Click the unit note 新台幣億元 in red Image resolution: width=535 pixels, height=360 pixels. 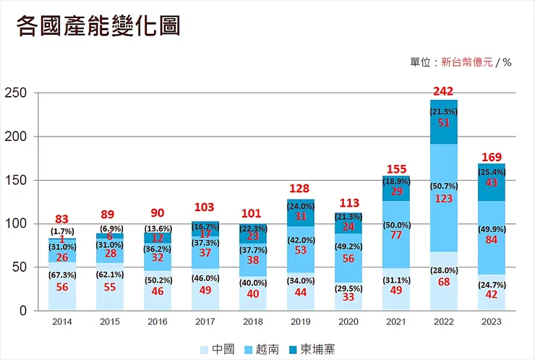[x=467, y=62]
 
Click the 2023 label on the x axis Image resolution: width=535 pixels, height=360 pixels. [x=490, y=322]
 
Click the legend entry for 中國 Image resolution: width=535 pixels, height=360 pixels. [x=218, y=349]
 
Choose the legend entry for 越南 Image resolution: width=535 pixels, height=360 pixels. [x=266, y=349]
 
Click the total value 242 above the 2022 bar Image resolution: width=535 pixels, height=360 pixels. [x=442, y=91]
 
